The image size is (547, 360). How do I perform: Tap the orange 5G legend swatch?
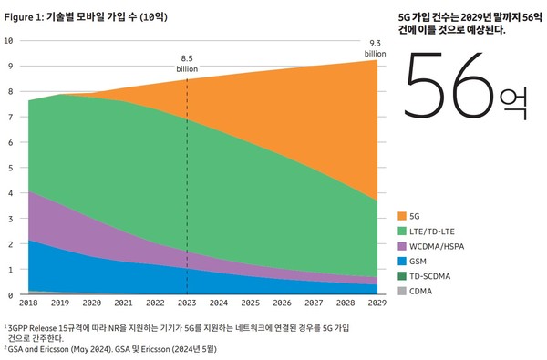(x=403, y=217)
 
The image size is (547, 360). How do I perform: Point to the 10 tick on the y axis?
(x=8, y=41)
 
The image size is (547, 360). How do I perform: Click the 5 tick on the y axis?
(x=8, y=168)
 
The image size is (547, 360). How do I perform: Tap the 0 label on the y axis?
(x=8, y=295)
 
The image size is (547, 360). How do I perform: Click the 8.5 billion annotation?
(x=187, y=61)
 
